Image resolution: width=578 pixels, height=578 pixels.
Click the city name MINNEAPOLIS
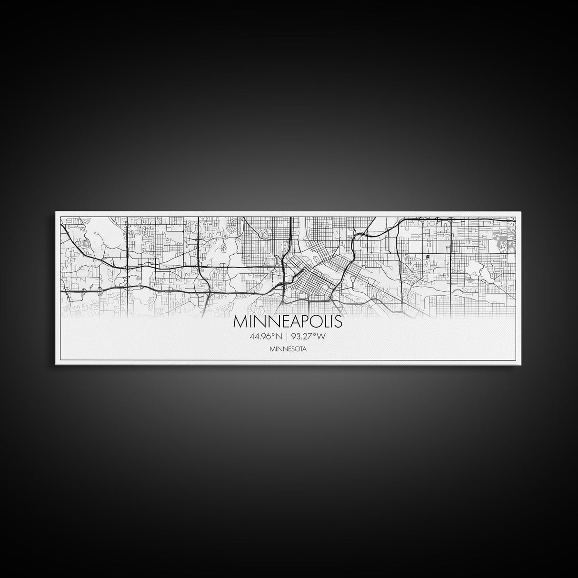(288, 322)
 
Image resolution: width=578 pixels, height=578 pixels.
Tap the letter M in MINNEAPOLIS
(239, 322)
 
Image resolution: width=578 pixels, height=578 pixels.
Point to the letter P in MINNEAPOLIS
(305, 322)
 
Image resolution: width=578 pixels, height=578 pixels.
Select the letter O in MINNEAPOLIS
(316, 322)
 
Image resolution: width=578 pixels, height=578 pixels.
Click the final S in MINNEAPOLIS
(338, 322)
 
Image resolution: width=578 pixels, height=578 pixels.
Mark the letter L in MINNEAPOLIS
(326, 322)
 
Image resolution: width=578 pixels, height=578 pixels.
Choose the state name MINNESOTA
(288, 349)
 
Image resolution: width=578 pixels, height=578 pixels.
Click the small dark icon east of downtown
(428, 256)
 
